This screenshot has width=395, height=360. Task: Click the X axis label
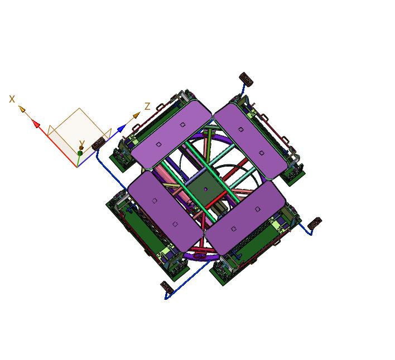point(12,99)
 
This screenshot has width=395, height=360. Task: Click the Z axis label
point(147,106)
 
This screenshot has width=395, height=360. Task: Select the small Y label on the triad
point(81,144)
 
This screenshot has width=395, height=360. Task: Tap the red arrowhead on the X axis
point(36,124)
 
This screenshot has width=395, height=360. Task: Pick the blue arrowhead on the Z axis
point(121,129)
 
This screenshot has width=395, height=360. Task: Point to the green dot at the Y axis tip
point(80,153)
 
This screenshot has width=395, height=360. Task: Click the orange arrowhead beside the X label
point(22,109)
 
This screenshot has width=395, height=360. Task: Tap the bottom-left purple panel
point(165,209)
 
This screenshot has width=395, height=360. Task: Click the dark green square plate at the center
point(205,188)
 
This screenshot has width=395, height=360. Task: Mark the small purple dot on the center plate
point(205,189)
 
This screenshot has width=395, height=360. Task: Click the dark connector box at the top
point(246,79)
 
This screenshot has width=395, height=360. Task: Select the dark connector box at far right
point(315,223)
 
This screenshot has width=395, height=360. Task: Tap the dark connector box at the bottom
point(166,286)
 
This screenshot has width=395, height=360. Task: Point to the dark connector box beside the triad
point(99,143)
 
